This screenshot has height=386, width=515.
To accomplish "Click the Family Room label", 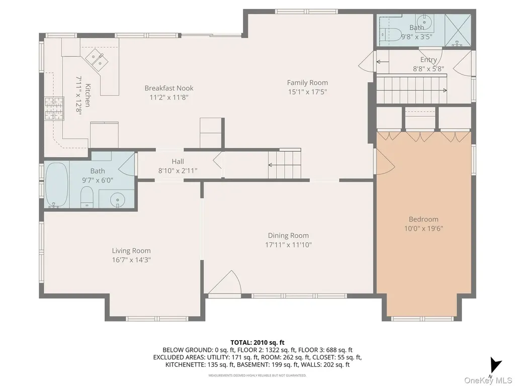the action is [307, 83].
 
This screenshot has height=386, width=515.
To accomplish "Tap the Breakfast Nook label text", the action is [169, 88].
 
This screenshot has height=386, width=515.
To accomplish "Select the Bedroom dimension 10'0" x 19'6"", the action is [423, 229].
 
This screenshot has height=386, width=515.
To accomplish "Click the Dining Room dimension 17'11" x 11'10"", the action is [288, 245].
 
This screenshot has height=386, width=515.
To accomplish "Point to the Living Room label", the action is [131, 251].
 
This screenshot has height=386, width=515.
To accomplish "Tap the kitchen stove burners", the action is [54, 109].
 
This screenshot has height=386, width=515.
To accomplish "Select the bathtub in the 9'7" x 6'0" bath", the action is [57, 185].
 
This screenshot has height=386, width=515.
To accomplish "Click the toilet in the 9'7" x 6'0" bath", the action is [87, 197].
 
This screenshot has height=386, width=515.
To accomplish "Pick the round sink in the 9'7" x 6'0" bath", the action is [117, 199].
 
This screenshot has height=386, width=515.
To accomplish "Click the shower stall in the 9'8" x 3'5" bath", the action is [458, 30].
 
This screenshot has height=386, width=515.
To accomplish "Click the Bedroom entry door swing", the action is [385, 161].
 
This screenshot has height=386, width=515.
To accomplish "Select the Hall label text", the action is [178, 161].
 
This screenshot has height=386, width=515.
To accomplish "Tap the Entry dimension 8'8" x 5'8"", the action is [428, 69].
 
